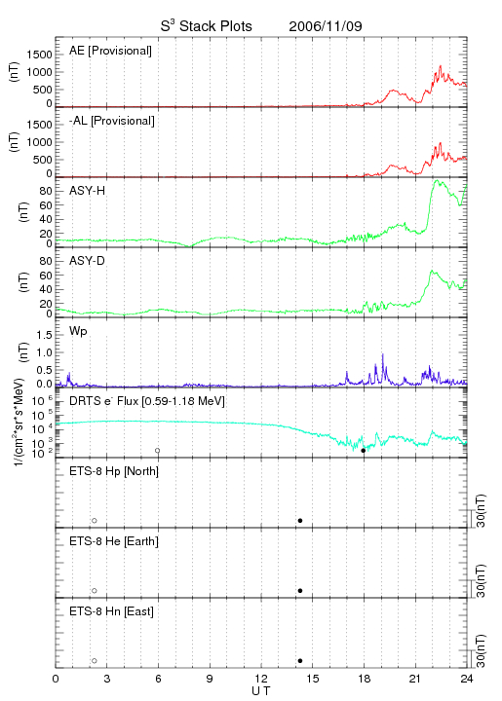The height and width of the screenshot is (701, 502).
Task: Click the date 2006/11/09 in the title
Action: click(x=326, y=26)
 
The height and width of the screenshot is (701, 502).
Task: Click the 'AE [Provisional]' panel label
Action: click(x=110, y=51)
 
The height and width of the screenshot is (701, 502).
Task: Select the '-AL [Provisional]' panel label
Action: click(x=112, y=121)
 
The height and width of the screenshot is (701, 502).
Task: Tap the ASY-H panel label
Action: click(x=88, y=191)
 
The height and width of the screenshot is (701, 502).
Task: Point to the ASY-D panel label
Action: click(x=88, y=261)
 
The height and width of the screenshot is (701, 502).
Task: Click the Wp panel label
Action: click(x=78, y=331)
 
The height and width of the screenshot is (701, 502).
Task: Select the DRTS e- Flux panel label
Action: click(x=147, y=401)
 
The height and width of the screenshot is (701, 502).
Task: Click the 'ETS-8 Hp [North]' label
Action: click(x=114, y=471)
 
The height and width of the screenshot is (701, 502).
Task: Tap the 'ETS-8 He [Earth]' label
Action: click(x=114, y=541)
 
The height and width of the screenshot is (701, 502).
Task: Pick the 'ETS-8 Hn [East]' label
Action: click(x=111, y=611)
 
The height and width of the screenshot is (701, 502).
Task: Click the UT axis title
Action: click(x=261, y=691)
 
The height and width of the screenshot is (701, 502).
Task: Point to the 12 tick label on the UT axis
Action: click(x=261, y=679)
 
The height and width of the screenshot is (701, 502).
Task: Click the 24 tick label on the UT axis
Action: click(x=466, y=679)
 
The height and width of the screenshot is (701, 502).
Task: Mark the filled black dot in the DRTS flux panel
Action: click(x=364, y=451)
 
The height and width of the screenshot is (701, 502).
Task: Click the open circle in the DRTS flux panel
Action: click(x=158, y=451)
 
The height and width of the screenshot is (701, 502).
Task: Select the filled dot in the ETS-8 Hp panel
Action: click(x=300, y=520)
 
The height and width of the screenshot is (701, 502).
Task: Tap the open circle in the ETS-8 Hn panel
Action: click(x=95, y=661)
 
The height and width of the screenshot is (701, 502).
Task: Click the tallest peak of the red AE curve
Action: click(x=441, y=66)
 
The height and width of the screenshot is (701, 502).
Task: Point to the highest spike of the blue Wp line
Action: click(x=382, y=354)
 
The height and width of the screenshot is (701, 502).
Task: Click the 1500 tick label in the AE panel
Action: click(x=40, y=55)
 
